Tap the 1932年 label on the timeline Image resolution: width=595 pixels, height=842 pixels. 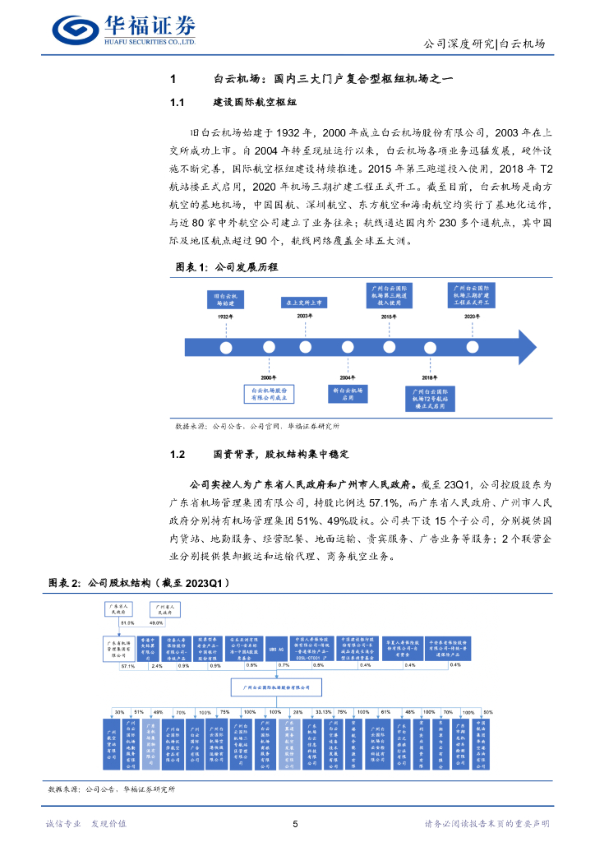tap(226, 316)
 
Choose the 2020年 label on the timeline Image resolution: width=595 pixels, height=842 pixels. tap(472, 316)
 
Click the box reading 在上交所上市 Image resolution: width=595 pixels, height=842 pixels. tap(304, 302)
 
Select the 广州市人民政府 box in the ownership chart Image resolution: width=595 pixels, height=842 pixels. tap(165, 609)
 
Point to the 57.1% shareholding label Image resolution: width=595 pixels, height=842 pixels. tap(127, 667)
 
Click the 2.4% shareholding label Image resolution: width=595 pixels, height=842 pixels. tap(157, 667)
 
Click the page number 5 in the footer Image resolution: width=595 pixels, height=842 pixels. tap(295, 824)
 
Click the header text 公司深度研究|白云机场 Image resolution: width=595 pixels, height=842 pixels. tap(483, 44)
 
